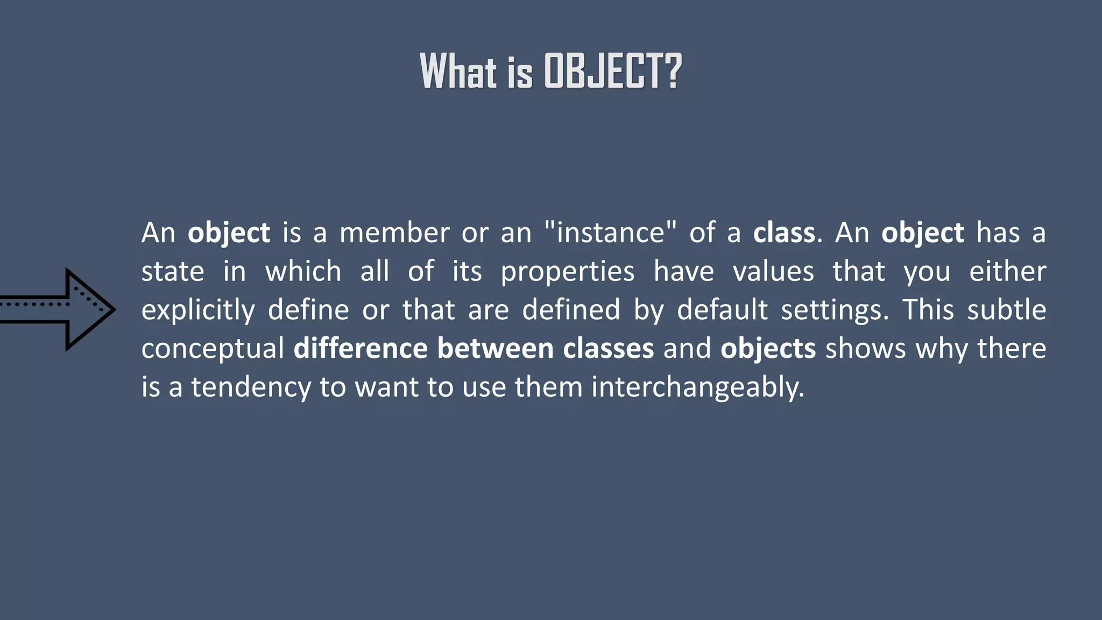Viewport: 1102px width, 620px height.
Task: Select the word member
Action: (394, 233)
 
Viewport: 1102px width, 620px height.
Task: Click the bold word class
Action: (784, 233)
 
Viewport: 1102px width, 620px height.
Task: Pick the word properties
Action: (567, 272)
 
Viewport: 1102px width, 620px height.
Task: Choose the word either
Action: (1007, 271)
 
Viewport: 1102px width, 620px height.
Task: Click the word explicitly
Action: (198, 311)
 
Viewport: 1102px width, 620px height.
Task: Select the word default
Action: (722, 309)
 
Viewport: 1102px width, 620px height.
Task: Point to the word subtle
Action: (1006, 309)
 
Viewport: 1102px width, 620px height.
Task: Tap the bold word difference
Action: (360, 348)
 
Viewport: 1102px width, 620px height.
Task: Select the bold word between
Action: (495, 348)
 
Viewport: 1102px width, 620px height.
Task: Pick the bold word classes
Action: (608, 348)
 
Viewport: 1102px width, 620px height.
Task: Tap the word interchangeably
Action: (697, 387)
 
